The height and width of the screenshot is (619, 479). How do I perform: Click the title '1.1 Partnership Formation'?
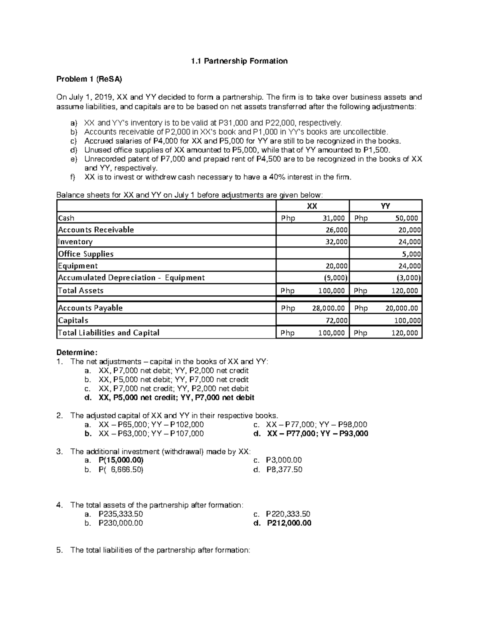(x=239, y=61)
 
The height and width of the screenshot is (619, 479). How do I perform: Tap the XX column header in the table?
(x=312, y=206)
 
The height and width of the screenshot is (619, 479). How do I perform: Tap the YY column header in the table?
(x=385, y=206)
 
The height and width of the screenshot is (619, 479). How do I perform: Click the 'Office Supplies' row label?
(x=86, y=254)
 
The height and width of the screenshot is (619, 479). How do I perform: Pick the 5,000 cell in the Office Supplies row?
(x=411, y=254)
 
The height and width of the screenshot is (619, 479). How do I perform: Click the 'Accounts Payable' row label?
(x=90, y=308)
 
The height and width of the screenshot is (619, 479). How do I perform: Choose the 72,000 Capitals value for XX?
(x=336, y=320)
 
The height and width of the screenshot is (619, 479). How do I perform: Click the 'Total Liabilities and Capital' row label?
(x=109, y=333)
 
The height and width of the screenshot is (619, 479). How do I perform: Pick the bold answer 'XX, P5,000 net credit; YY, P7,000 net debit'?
(x=176, y=397)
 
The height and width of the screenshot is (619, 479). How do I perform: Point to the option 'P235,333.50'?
(x=121, y=514)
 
